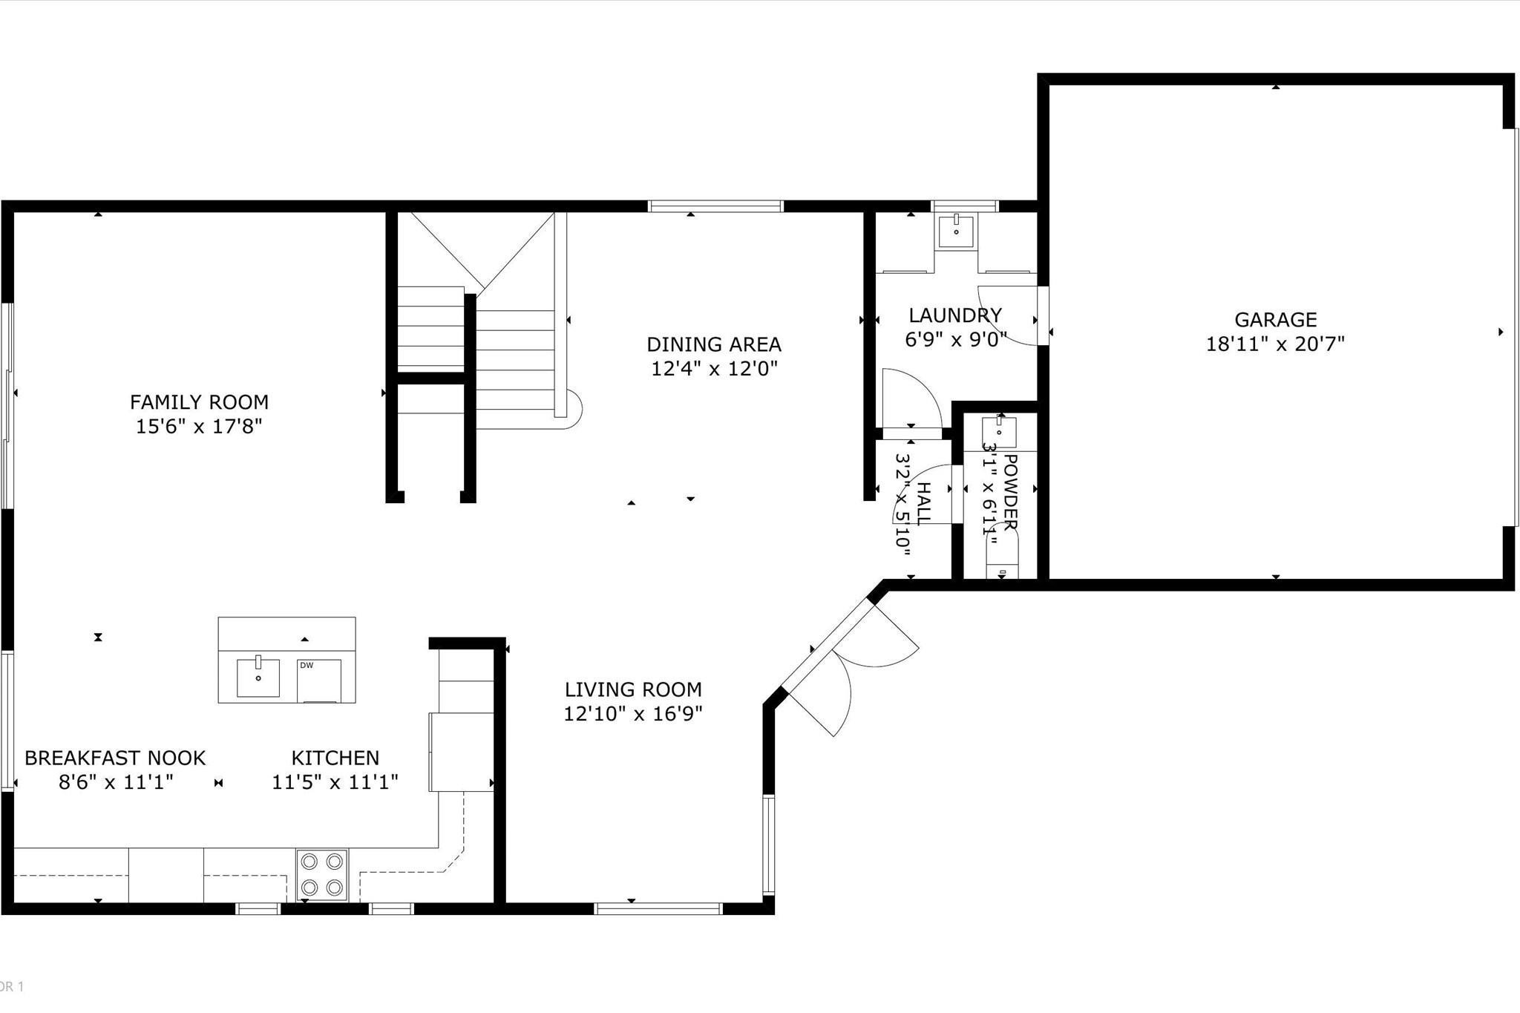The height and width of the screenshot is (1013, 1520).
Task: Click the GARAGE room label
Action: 1275,320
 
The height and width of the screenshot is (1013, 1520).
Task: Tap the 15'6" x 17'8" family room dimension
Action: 199,427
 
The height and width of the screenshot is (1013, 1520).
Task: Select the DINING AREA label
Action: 713,344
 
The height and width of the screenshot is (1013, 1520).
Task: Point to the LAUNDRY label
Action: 955,315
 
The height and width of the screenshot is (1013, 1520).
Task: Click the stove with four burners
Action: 322,875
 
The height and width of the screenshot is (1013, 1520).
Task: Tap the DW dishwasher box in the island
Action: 319,680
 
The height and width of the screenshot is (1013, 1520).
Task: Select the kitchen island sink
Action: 258,677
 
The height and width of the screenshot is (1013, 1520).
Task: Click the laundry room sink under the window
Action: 956,232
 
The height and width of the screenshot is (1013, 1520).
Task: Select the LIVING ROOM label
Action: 633,689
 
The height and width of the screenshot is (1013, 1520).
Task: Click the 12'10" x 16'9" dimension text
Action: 633,714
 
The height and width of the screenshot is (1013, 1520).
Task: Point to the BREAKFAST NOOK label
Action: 115,758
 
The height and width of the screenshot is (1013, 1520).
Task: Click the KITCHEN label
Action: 335,758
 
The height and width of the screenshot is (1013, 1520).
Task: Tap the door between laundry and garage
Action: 1042,315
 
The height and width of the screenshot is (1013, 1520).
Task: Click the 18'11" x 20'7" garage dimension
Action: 1275,344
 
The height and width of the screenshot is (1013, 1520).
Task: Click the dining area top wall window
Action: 715,206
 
